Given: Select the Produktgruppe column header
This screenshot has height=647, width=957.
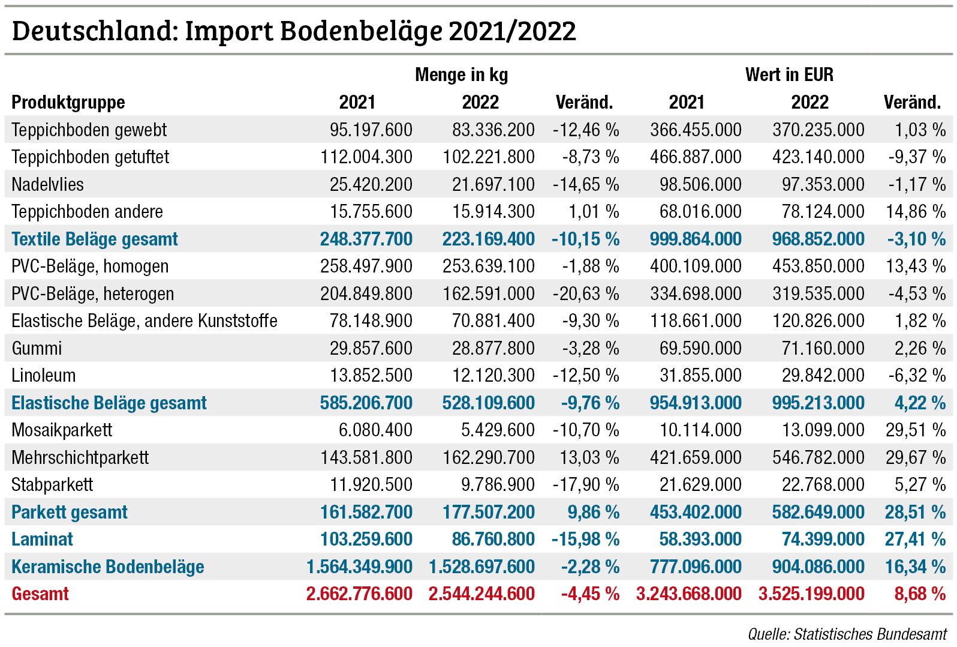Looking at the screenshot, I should [x=68, y=103].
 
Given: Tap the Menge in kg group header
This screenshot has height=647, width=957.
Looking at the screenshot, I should [x=461, y=75].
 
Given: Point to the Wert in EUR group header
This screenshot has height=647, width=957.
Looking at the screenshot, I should [x=789, y=75].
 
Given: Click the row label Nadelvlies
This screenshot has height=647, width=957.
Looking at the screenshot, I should [x=47, y=184].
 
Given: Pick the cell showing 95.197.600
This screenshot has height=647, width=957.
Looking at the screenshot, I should [x=371, y=130].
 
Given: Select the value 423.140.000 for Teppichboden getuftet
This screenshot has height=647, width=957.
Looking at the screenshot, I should [x=818, y=157].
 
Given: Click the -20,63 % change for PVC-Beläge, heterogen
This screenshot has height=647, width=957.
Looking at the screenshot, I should [x=585, y=293].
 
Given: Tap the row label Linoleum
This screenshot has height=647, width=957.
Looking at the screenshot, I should [x=43, y=376].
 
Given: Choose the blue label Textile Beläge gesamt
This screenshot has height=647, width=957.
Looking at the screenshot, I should [x=94, y=239].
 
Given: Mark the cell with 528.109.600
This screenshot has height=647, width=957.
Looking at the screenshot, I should [x=488, y=403].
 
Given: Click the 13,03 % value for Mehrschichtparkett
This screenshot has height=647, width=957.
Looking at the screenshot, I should [x=589, y=457].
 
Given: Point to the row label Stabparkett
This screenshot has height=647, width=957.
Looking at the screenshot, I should [x=52, y=485].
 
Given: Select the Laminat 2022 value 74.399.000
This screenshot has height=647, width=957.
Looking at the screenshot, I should [x=823, y=540].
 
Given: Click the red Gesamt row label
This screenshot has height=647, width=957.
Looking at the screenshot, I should [x=40, y=594].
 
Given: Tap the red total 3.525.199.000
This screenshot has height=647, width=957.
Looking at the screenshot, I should [x=811, y=594].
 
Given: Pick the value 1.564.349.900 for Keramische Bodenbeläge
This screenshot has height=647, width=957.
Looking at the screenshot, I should [x=359, y=567].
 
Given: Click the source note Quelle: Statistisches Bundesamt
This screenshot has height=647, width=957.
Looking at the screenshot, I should [x=847, y=634].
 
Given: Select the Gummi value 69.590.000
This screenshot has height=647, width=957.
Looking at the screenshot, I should [x=700, y=348].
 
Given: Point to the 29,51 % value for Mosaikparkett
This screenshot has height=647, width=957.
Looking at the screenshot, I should [x=915, y=430].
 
